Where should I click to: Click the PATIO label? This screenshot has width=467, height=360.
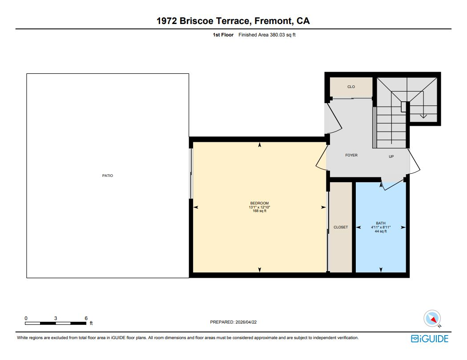tap(108, 176)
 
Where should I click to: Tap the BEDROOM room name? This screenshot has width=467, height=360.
tap(259, 203)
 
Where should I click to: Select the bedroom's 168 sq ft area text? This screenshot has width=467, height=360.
tap(259, 211)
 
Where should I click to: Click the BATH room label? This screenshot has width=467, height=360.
tap(381, 223)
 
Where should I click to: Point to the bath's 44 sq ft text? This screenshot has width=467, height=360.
tap(381, 231)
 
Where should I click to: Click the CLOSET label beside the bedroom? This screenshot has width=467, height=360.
tap(341, 227)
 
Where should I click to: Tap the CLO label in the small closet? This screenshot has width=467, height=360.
tap(351, 87)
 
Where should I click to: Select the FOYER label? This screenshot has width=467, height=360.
tap(351, 155)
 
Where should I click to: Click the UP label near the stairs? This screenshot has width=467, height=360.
tap(391, 156)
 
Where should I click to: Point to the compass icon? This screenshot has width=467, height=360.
tap(433, 319)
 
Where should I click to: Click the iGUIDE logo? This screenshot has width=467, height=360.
tap(430, 339)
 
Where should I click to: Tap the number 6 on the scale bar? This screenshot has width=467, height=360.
tap(86, 318)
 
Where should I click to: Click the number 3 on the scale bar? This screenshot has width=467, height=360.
tap(56, 318)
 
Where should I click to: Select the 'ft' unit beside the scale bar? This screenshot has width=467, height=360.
tap(91, 324)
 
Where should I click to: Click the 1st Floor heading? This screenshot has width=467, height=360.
tap(223, 35)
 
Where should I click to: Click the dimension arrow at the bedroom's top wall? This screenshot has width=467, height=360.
tap(260, 145)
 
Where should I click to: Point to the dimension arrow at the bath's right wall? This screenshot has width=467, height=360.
tap(403, 227)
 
